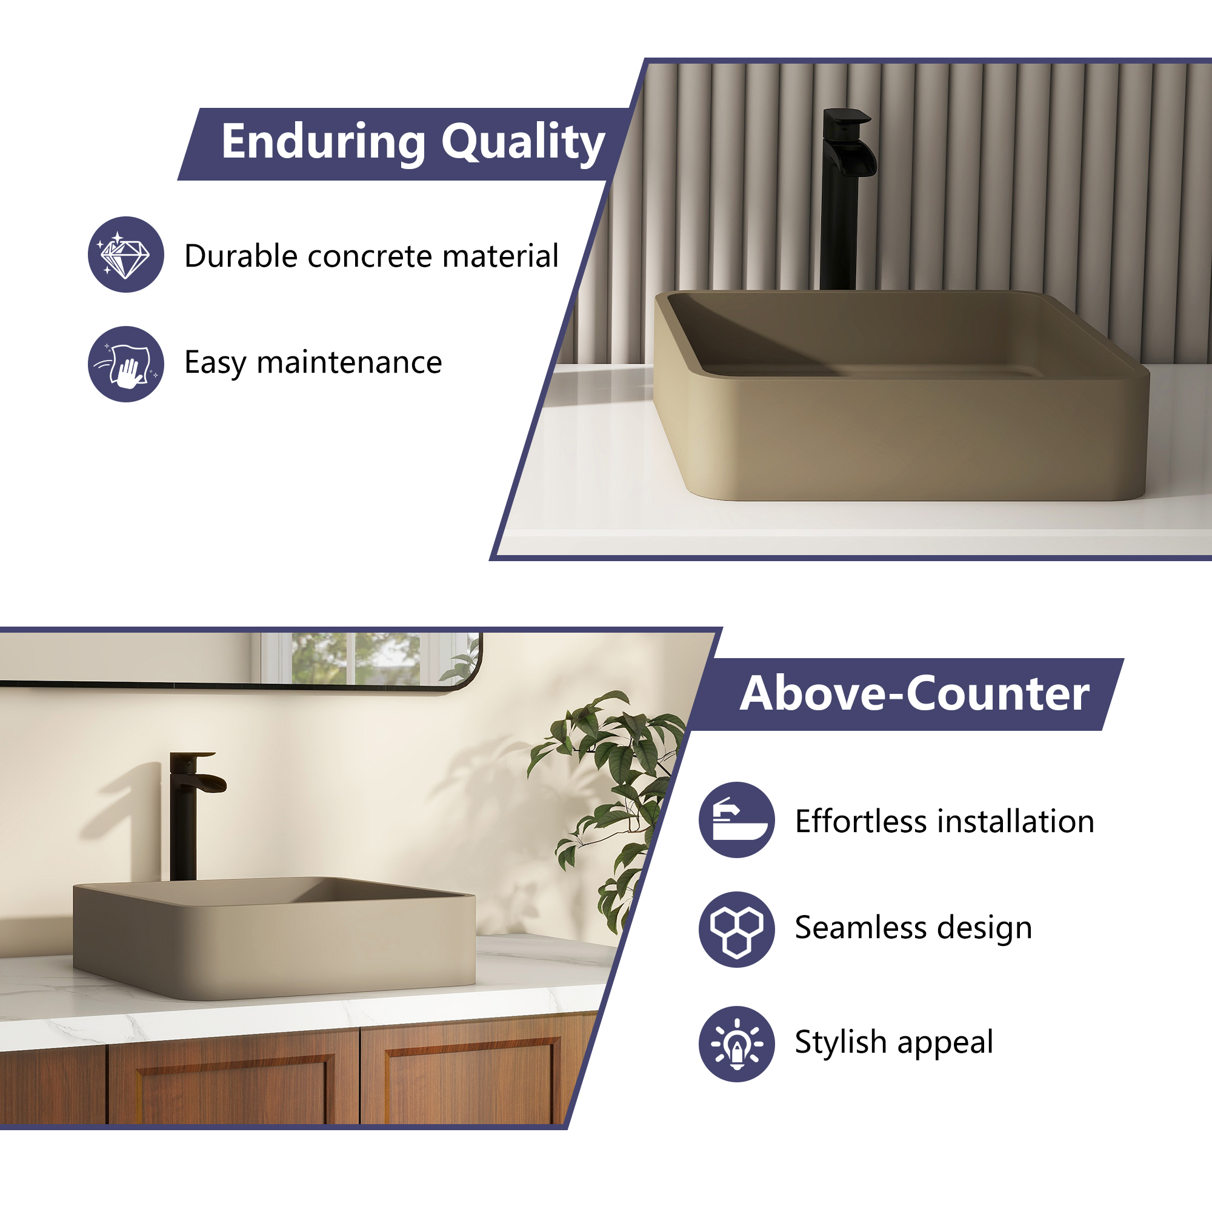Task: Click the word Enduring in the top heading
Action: (x=324, y=142)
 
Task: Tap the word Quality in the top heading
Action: (x=523, y=143)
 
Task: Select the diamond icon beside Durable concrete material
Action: (x=126, y=255)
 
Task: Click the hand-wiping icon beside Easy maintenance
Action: (x=126, y=364)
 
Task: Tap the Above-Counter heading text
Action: (x=914, y=694)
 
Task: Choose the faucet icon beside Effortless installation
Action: (x=737, y=820)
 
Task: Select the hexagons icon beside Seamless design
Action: (x=737, y=929)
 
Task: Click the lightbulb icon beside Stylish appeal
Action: (x=737, y=1044)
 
